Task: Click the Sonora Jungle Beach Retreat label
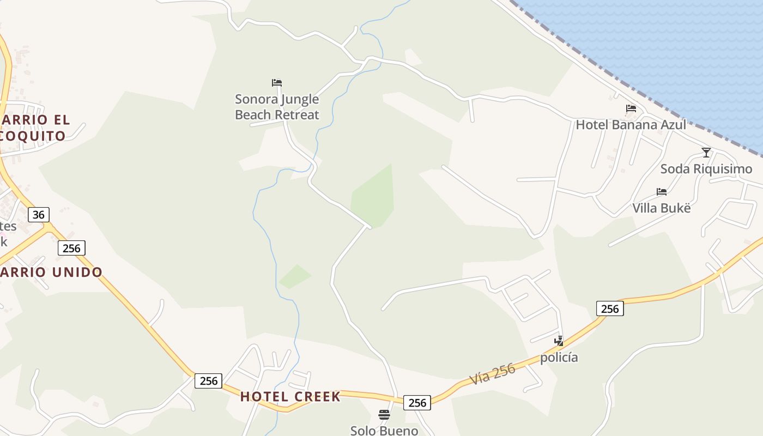pos(277,107)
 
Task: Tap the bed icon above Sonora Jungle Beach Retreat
pos(277,83)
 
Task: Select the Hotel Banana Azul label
pos(631,125)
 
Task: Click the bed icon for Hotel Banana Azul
pos(631,108)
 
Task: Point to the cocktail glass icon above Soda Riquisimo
pos(706,153)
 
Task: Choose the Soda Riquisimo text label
pos(706,169)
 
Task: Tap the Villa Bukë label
pos(661,208)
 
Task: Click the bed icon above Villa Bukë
pos(662,192)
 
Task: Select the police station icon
pos(559,341)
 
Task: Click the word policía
pos(559,358)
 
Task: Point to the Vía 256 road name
pos(493,374)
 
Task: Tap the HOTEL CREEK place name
pos(290,396)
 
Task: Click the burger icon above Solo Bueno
pos(384,415)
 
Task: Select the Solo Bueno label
pos(384,431)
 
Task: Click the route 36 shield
pos(38,215)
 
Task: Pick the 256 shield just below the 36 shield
pos(71,249)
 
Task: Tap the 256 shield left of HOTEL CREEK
pos(209,380)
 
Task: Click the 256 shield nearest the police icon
pos(610,309)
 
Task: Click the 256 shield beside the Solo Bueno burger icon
pos(417,403)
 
